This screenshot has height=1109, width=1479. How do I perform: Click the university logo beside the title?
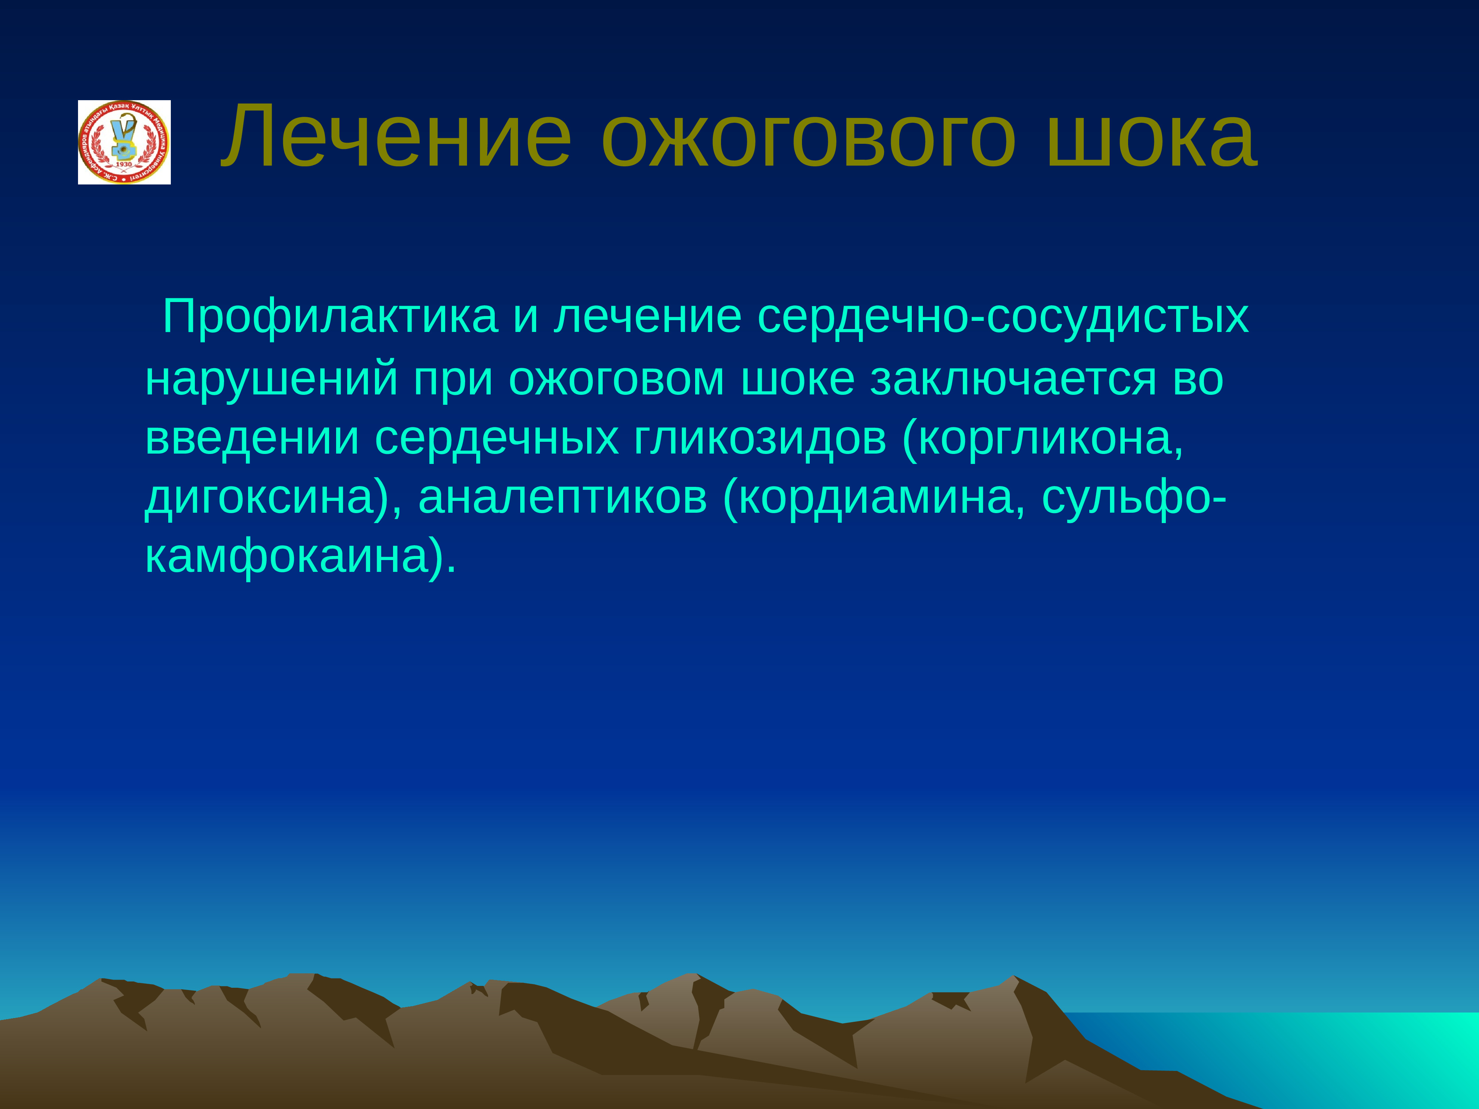[124, 142]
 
